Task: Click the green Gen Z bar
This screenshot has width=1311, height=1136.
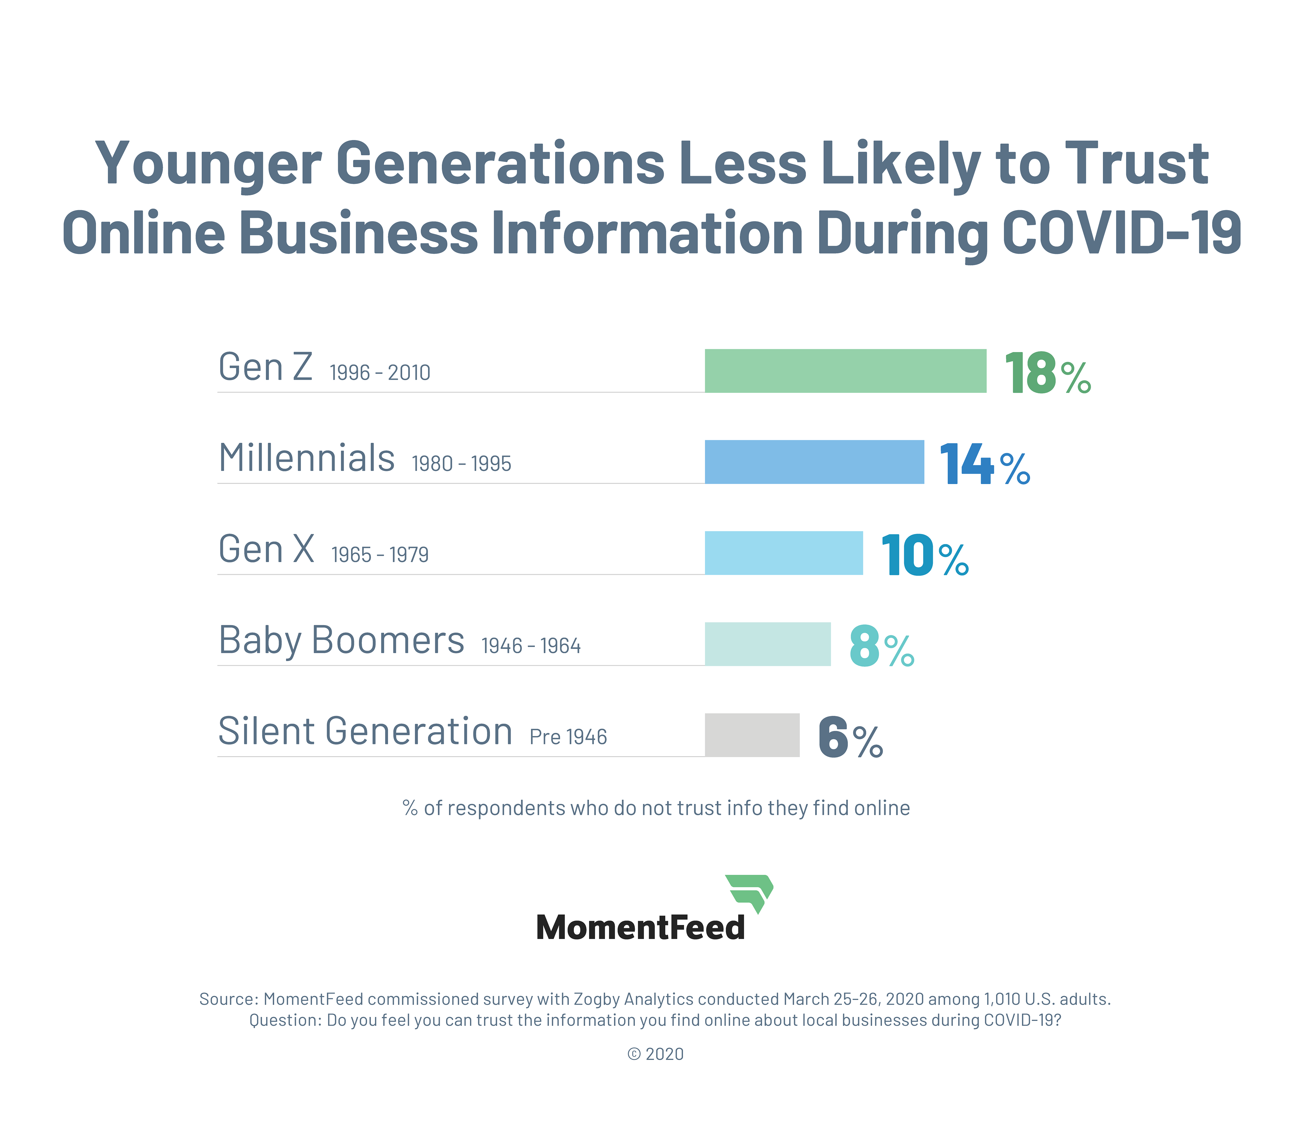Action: coord(845,371)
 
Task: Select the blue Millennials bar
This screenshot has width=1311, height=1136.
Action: coord(814,462)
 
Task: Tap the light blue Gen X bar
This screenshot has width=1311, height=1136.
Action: coord(784,553)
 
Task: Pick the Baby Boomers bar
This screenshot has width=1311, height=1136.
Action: coord(767,644)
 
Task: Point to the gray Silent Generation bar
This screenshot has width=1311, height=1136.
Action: coord(752,735)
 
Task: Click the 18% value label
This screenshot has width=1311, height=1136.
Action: coord(1047,374)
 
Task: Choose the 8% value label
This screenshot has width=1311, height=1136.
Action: coord(881,647)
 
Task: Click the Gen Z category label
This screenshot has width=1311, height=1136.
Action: coord(265,368)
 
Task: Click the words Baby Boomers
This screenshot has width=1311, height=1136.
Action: coord(341,641)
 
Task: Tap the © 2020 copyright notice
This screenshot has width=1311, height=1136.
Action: coord(655,1054)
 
